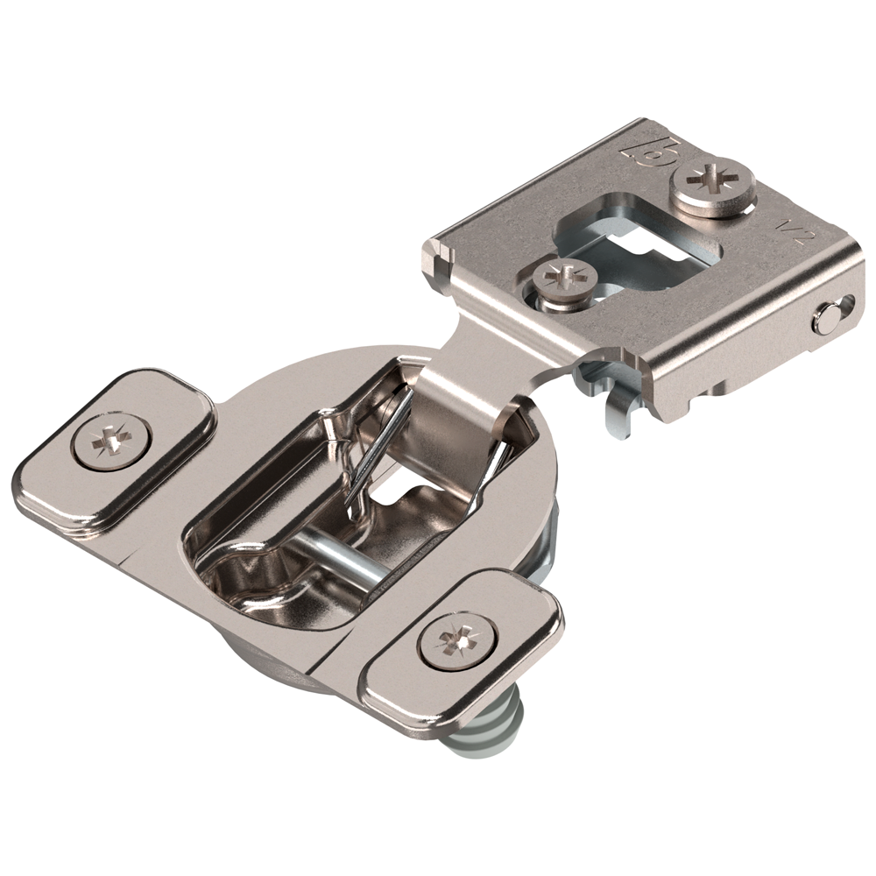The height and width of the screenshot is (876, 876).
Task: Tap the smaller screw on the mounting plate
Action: (565, 281)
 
